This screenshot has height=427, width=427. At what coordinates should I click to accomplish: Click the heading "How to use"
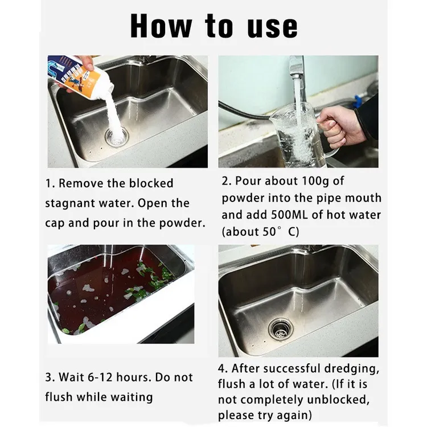[x=213, y=26]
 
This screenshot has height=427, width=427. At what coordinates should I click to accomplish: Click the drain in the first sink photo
[x=117, y=137]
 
